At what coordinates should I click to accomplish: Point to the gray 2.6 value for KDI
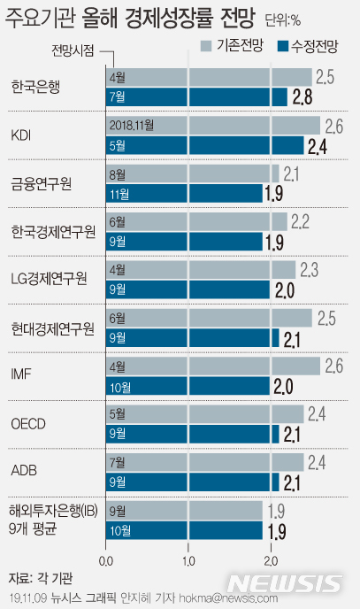[x=333, y=125]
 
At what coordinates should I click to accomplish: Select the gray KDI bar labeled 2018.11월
[x=212, y=125]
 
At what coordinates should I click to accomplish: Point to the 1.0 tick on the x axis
[x=188, y=560]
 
